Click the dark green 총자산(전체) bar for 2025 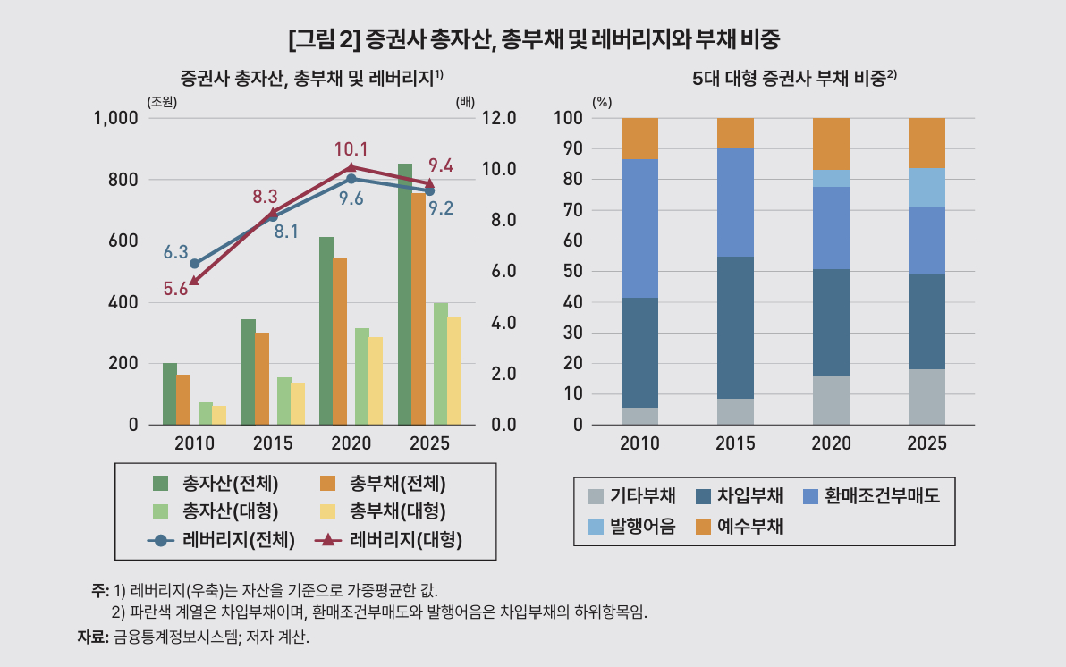tap(405, 295)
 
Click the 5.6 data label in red tap(175, 288)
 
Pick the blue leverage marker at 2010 tap(194, 264)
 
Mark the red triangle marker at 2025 tap(428, 183)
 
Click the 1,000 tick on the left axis tap(117, 118)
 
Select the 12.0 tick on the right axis tap(499, 118)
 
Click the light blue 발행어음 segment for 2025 tap(926, 187)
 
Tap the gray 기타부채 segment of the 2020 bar tap(831, 400)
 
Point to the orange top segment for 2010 tap(639, 139)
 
